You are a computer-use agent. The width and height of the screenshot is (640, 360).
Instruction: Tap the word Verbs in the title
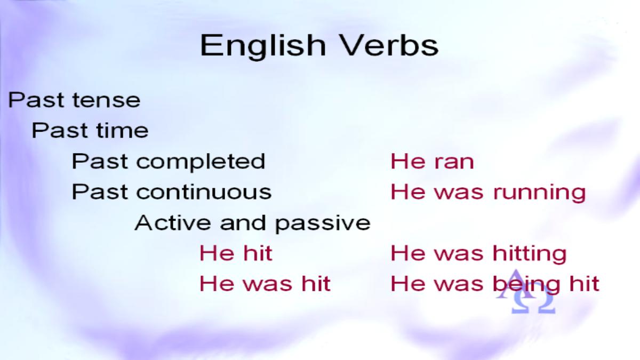(390, 45)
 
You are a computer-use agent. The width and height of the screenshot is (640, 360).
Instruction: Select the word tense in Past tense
(106, 100)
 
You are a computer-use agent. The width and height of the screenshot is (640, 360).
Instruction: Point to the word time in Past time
(122, 131)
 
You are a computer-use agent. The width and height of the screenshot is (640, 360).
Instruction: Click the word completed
(201, 162)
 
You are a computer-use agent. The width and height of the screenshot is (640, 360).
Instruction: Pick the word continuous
(204, 192)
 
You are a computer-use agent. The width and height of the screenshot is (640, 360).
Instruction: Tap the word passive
(323, 225)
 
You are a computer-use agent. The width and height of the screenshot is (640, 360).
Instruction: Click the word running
(540, 194)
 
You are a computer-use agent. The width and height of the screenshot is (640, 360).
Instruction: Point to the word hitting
(530, 254)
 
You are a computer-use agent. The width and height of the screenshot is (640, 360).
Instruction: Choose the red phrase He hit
(236, 253)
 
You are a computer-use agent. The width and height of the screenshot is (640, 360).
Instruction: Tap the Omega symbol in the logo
(533, 303)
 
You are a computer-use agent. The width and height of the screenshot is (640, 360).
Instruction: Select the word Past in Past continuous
(99, 191)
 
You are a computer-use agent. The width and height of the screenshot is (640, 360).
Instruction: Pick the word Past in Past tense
(36, 100)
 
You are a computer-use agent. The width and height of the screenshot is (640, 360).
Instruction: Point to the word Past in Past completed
(99, 161)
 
